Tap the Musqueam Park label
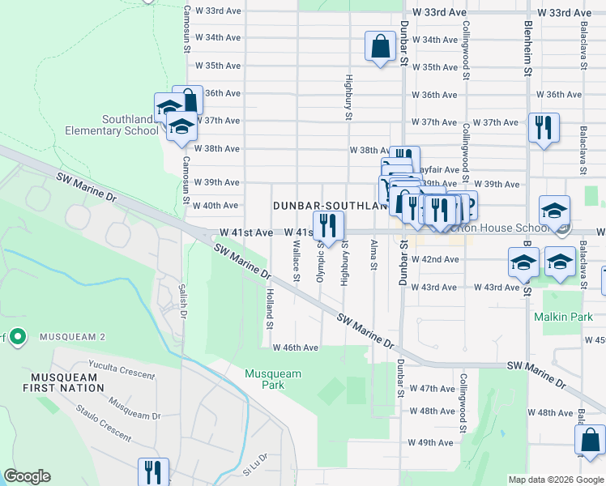(x=273, y=379)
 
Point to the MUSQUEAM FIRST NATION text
(x=68, y=383)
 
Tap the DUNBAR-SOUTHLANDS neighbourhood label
(x=330, y=206)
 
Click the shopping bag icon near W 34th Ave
(x=380, y=47)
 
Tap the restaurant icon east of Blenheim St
(x=541, y=128)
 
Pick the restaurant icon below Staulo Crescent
(x=152, y=471)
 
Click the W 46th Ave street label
(x=296, y=347)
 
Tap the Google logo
(x=27, y=476)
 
